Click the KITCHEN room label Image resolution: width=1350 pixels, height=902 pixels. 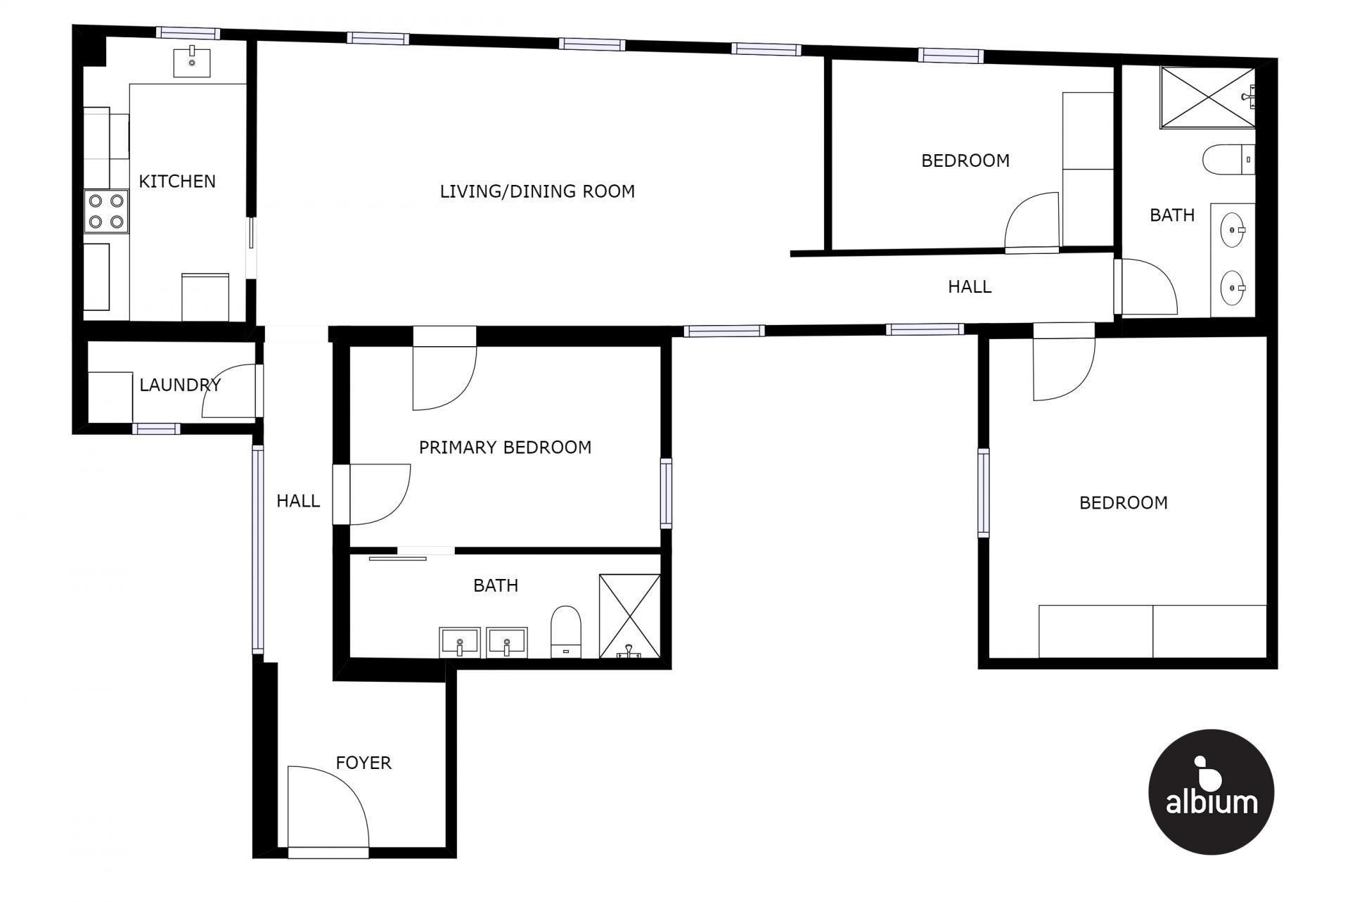pos(177,182)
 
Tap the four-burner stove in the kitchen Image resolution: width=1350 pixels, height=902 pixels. pos(106,211)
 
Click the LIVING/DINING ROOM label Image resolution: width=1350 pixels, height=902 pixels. pos(537,191)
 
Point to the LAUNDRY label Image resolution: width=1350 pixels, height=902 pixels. pos(180,385)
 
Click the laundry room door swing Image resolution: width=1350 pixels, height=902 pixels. pos(229,391)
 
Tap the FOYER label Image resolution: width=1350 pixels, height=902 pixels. pos(364,763)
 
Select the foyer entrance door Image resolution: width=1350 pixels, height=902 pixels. pos(328,809)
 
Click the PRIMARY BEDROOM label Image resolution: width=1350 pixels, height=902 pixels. pos(505,447)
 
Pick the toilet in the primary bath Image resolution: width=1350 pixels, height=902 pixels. pos(566,631)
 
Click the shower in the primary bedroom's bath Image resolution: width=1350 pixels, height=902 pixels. pos(629,616)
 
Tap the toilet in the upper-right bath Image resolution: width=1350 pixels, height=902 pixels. pos(1228,160)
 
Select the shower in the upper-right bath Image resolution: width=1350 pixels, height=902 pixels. pos(1207,98)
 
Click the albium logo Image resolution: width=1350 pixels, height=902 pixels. pos(1211,792)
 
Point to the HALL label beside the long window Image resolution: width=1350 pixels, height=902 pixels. pos(298,501)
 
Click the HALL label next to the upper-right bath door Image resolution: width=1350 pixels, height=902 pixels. pos(970,286)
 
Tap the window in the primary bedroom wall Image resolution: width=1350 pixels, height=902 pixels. pos(666,493)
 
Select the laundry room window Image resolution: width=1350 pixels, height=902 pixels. pos(156,428)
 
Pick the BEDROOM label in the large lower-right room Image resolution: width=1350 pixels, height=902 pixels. pos(1124,503)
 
